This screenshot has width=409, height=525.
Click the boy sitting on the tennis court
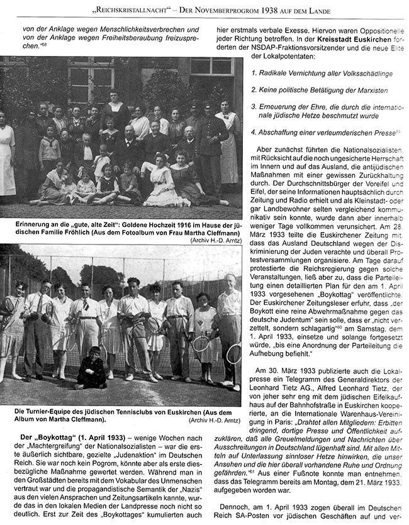92,372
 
